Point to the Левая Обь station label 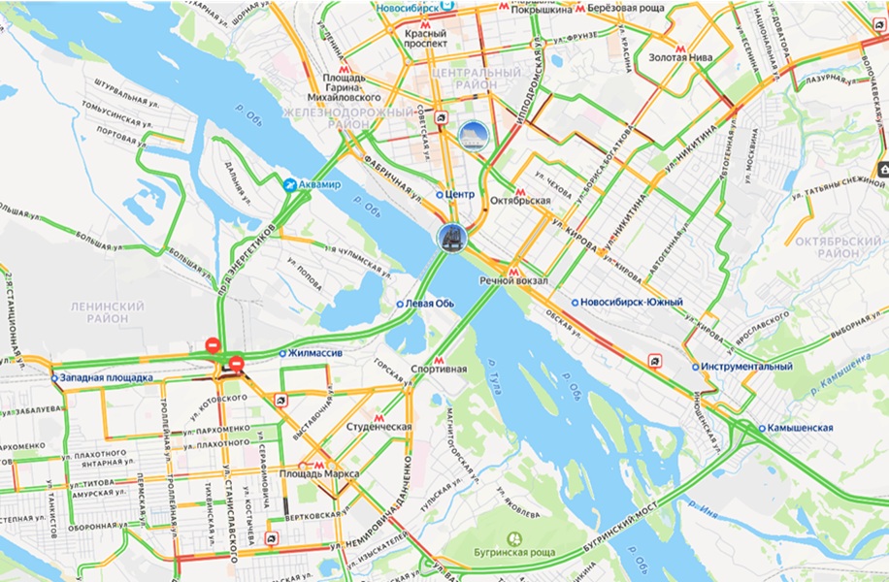point(430,304)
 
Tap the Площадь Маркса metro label point(319,473)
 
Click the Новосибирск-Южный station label point(633,303)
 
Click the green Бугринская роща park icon point(515,539)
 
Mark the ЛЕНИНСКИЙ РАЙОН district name point(107,312)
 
